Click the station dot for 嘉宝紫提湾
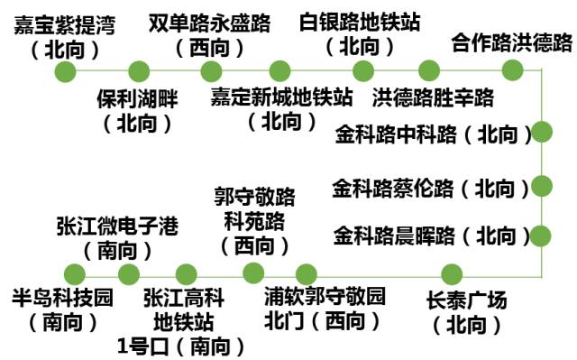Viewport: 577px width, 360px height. click(66, 70)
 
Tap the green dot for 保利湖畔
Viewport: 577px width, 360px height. click(139, 70)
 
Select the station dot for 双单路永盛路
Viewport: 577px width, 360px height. click(211, 70)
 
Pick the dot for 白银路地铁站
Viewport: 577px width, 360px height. click(363, 70)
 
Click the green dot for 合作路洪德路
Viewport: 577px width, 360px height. click(512, 70)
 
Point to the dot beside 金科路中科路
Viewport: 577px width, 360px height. click(541, 132)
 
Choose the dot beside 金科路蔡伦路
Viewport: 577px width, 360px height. click(541, 186)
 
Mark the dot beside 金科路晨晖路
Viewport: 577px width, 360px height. click(541, 235)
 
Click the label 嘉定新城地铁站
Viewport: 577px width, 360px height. click(280, 96)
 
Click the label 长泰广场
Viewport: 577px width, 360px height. click(466, 300)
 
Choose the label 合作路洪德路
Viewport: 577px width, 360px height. click(511, 42)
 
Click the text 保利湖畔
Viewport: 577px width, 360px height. click(137, 97)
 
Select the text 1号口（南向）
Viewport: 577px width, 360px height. click(181, 345)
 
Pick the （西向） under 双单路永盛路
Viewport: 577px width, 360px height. click(212, 45)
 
